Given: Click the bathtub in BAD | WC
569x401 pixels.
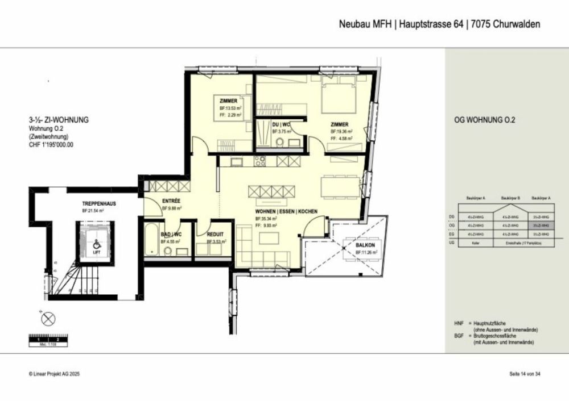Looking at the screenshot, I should pos(151,243).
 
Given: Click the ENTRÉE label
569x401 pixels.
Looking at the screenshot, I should pos(171,201).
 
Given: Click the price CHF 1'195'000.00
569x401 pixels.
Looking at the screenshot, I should pos(51,145).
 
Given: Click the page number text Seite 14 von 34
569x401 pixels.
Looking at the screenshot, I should pos(524,374).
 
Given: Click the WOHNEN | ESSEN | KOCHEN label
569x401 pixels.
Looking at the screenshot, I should pos(278,211).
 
